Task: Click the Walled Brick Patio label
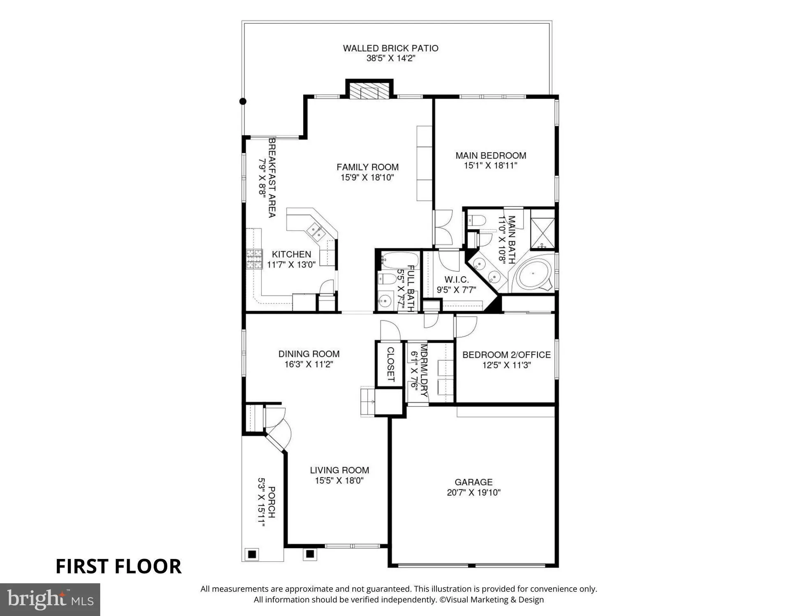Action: click(x=390, y=48)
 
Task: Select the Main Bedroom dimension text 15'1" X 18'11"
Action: click(x=490, y=166)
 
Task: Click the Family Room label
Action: click(x=367, y=167)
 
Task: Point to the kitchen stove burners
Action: click(x=254, y=259)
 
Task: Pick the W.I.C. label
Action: click(x=456, y=280)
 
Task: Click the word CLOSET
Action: click(x=390, y=364)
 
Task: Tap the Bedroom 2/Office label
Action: click(x=506, y=355)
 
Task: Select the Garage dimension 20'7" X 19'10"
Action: click(x=473, y=492)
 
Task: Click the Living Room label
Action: click(x=339, y=470)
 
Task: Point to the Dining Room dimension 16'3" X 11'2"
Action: click(x=309, y=364)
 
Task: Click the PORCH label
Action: click(x=271, y=502)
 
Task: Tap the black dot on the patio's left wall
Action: click(x=243, y=101)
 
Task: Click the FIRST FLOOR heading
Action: click(x=118, y=566)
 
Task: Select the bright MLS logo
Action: click(x=50, y=599)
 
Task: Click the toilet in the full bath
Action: click(x=387, y=279)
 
